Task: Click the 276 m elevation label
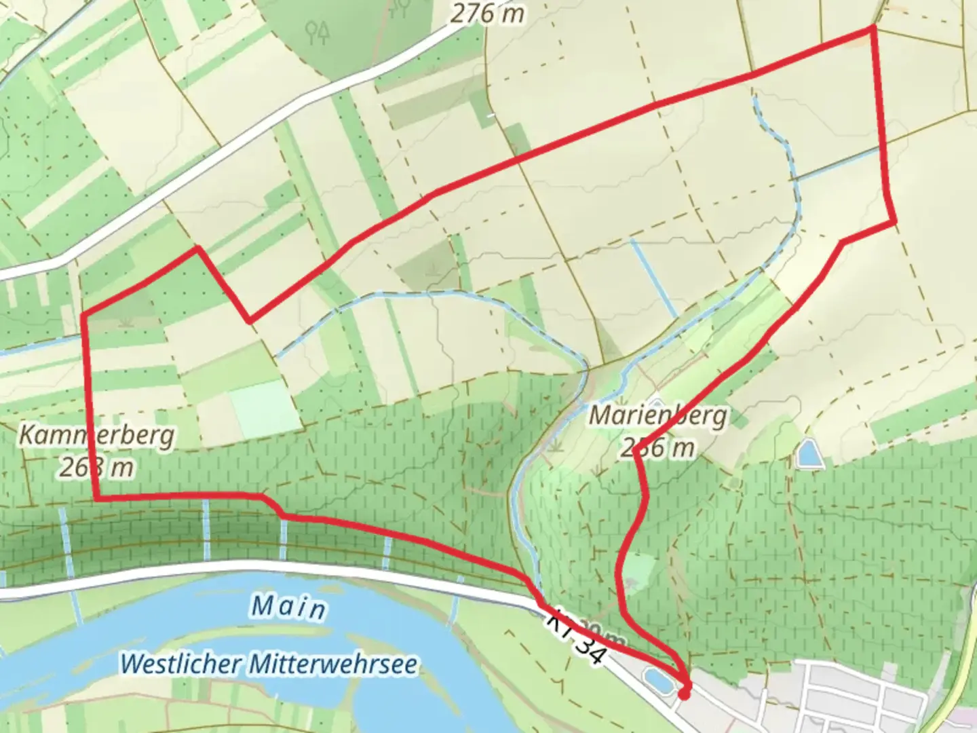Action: click(487, 14)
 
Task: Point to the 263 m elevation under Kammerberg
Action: click(96, 468)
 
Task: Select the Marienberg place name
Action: click(657, 415)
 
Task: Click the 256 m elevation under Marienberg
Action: click(657, 448)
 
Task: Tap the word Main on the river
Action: click(288, 606)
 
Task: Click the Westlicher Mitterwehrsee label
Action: click(269, 663)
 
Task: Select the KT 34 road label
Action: click(574, 635)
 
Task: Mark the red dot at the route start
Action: click(684, 694)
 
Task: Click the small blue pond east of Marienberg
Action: click(809, 453)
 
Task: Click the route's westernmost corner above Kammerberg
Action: click(83, 315)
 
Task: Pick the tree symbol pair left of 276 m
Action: click(318, 31)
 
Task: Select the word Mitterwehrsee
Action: click(334, 664)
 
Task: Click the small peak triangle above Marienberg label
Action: click(656, 399)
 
